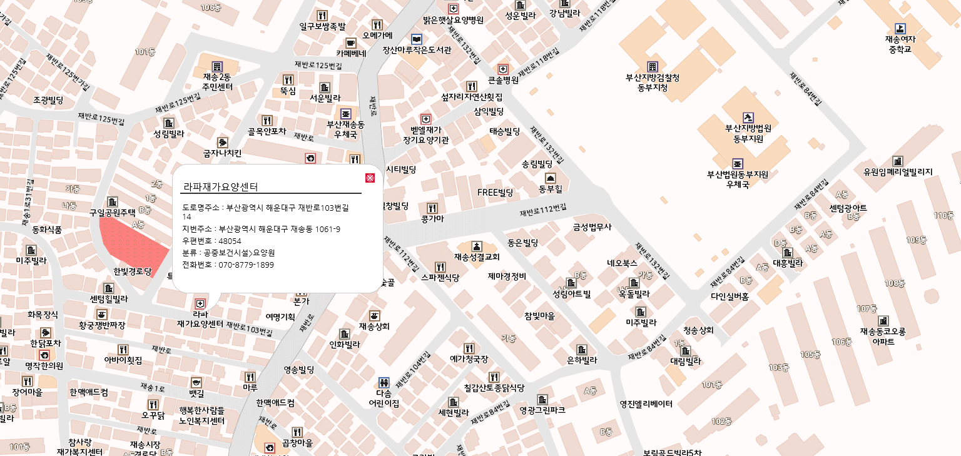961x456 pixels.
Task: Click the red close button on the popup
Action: point(370,178)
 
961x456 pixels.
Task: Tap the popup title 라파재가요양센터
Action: point(220,186)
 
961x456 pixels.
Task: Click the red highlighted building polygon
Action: point(133,245)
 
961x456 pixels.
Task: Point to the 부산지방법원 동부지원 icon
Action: point(748,117)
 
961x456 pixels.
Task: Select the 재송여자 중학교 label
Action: point(900,44)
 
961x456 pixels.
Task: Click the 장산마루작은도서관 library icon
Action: point(416,39)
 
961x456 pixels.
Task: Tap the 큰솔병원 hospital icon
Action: point(503,69)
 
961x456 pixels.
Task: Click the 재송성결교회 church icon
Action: point(477,246)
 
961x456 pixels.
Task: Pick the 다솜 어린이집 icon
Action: point(384,382)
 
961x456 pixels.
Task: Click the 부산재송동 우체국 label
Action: point(345,129)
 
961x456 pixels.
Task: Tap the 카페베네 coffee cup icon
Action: point(350,43)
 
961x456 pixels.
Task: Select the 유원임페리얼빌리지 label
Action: point(898,172)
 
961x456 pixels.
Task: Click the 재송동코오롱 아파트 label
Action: point(882,337)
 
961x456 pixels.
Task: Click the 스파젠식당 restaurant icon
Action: point(440,266)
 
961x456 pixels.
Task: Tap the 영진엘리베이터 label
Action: point(646,404)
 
